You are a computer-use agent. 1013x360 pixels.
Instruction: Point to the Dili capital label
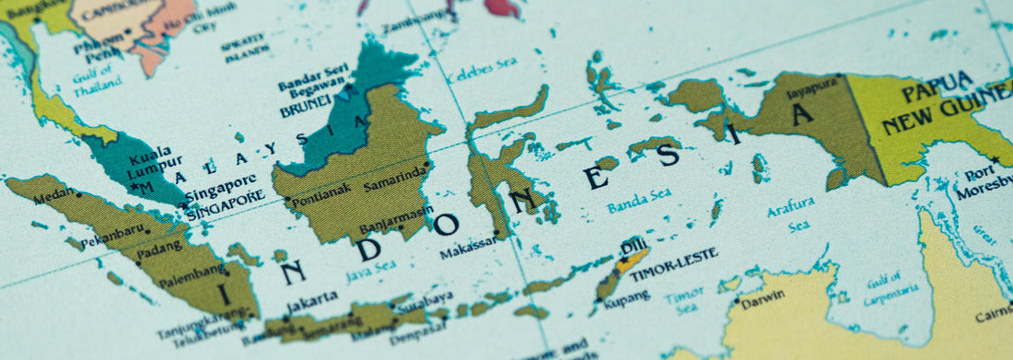click(633, 246)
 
